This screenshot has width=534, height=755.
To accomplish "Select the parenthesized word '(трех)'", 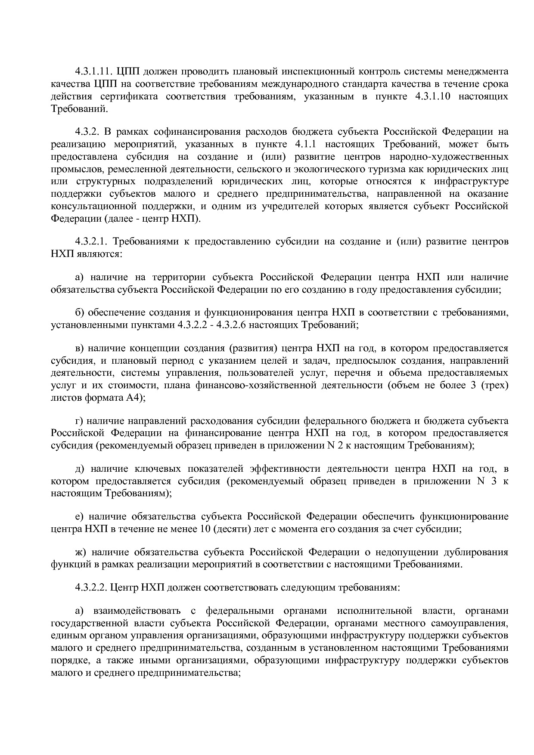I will tap(495, 385).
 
